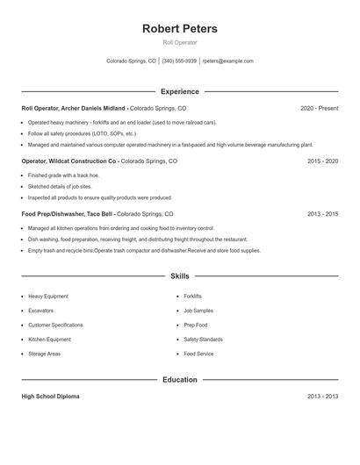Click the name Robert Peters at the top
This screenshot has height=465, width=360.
pos(180,28)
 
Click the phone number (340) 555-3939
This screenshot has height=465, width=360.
pos(179,61)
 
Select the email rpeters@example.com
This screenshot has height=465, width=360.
pos(227,61)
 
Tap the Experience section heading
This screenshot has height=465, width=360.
pos(180,91)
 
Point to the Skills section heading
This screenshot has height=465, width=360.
pos(180,275)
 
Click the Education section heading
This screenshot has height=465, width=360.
pos(180,380)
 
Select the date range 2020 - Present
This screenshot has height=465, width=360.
pos(319,108)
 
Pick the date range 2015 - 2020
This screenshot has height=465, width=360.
pos(322,161)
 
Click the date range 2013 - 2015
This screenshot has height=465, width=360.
pos(322,214)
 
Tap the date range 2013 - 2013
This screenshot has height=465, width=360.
pos(322,397)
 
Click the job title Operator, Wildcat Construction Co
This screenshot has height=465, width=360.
pos(69,161)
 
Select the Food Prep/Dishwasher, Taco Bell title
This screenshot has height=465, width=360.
pos(68,214)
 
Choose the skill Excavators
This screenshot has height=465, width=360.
pos(40,311)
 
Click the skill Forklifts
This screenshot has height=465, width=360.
pos(192,297)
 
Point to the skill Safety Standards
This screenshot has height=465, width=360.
pos(203,339)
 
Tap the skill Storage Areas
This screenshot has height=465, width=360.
pos(44,354)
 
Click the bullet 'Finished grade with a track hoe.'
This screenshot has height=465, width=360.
pos(65,175)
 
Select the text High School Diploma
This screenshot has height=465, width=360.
pos(50,397)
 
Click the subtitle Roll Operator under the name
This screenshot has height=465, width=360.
pos(180,42)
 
